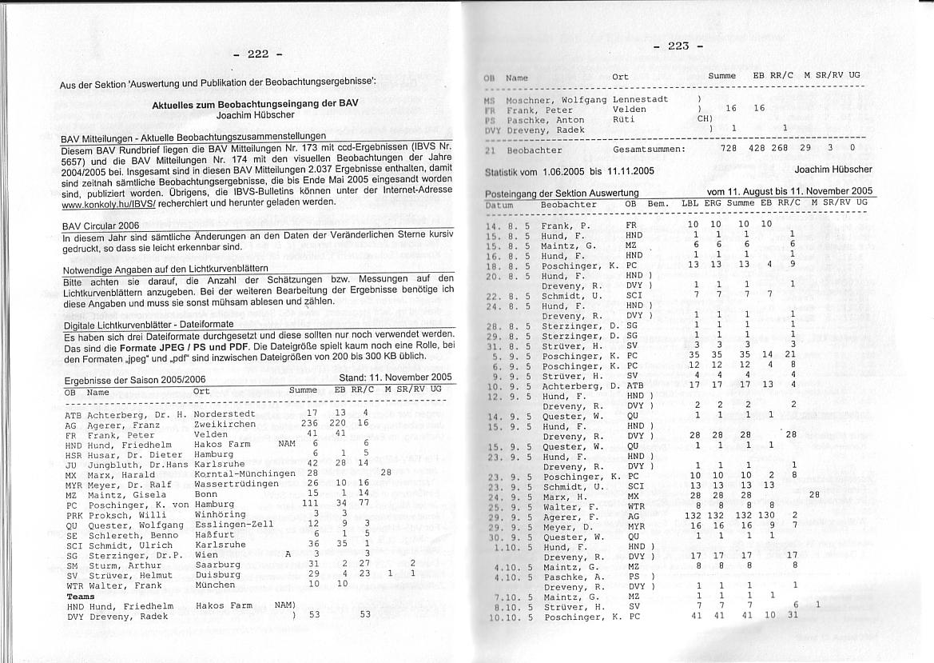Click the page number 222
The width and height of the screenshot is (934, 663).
pyautogui.click(x=257, y=54)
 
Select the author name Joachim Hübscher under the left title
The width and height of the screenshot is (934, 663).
pyautogui.click(x=255, y=115)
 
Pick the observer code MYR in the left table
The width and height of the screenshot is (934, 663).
pyautogui.click(x=74, y=483)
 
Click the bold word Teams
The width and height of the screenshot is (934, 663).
pyautogui.click(x=81, y=597)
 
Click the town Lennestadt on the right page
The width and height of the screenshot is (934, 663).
pyautogui.click(x=640, y=99)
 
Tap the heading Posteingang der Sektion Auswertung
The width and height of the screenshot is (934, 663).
pyautogui.click(x=562, y=193)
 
